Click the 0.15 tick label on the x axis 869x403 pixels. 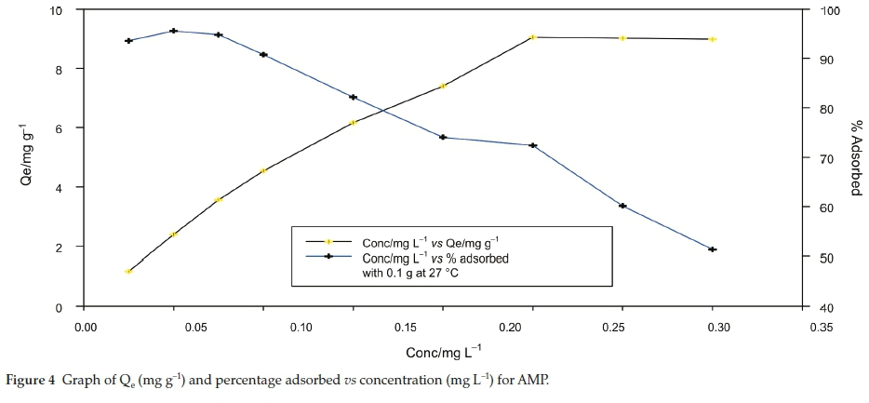click(x=407, y=327)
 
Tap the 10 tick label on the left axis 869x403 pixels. click(x=57, y=10)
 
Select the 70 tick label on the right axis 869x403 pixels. click(x=835, y=158)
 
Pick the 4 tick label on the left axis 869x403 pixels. click(x=60, y=188)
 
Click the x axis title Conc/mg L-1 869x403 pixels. click(x=444, y=353)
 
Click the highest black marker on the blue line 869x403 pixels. click(x=174, y=31)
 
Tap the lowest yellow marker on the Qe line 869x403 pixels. click(x=128, y=271)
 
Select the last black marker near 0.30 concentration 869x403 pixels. click(x=713, y=249)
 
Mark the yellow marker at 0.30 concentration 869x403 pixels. click(x=713, y=39)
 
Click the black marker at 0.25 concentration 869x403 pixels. click(x=622, y=206)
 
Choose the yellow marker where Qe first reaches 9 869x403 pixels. click(x=533, y=37)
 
